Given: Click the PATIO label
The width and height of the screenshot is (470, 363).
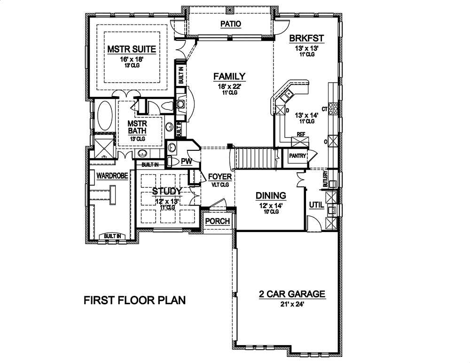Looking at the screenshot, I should click(x=230, y=24).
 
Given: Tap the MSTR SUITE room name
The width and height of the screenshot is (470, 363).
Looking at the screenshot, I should click(x=131, y=49).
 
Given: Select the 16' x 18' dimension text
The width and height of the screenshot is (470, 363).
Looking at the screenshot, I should click(x=131, y=59).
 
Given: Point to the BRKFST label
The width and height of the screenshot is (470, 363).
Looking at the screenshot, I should click(x=307, y=38).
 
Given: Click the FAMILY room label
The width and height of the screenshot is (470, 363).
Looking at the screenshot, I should click(x=229, y=76).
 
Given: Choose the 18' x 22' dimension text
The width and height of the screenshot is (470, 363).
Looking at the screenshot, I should click(x=229, y=86).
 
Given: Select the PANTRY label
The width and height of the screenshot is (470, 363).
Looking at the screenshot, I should click(x=297, y=156).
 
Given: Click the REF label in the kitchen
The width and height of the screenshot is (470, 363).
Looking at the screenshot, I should click(x=301, y=134).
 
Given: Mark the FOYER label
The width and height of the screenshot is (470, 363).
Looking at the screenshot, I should click(x=220, y=177).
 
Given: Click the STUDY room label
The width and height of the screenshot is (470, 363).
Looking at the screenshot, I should click(x=167, y=191).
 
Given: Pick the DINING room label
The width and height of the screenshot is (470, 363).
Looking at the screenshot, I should click(x=271, y=195).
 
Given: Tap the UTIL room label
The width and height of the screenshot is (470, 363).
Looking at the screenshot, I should click(x=315, y=205).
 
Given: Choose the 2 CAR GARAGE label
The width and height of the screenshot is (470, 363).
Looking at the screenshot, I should click(x=291, y=294).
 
